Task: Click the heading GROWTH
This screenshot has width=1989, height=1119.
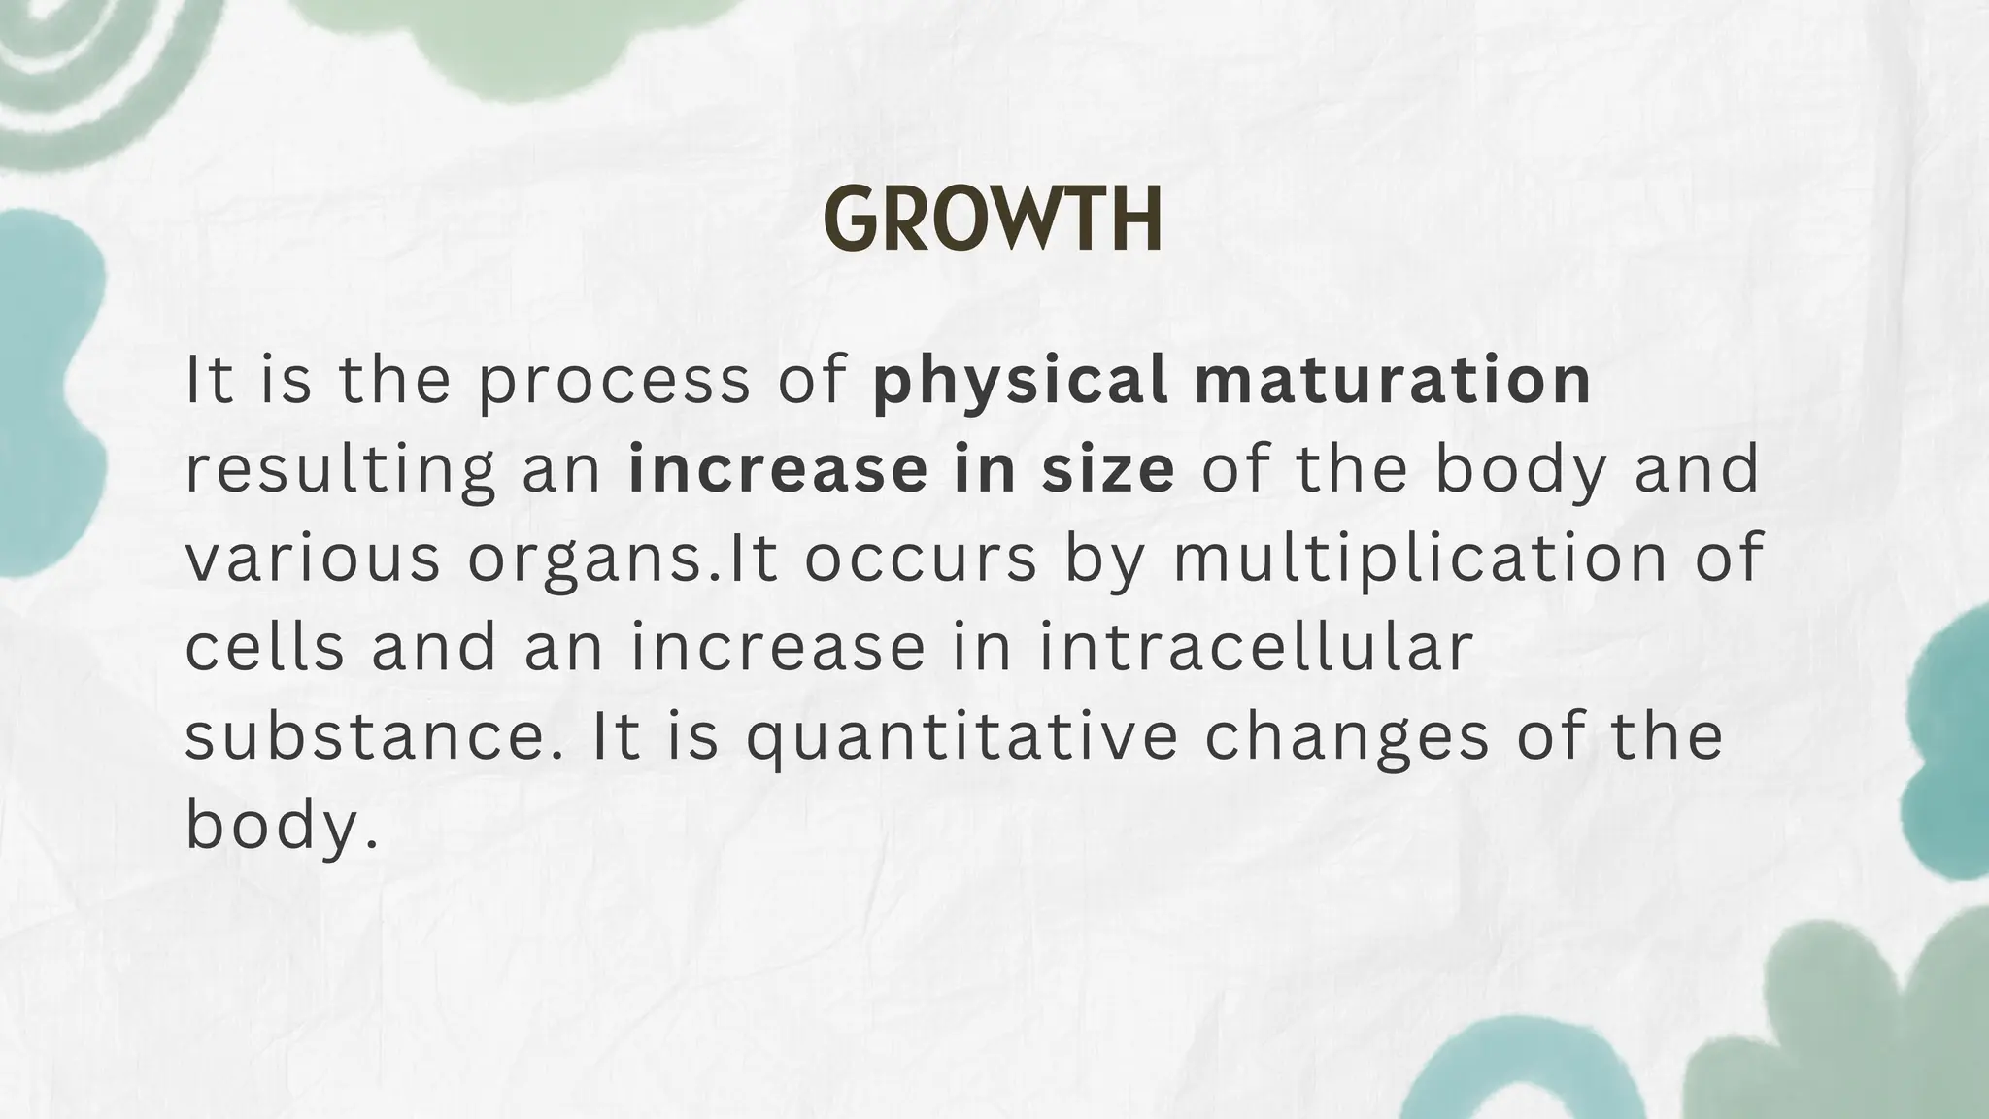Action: (993, 220)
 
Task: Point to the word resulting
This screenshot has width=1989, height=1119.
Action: (339, 469)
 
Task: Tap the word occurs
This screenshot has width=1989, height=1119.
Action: (921, 559)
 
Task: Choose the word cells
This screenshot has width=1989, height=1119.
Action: (264, 648)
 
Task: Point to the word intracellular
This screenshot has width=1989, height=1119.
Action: (1257, 648)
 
